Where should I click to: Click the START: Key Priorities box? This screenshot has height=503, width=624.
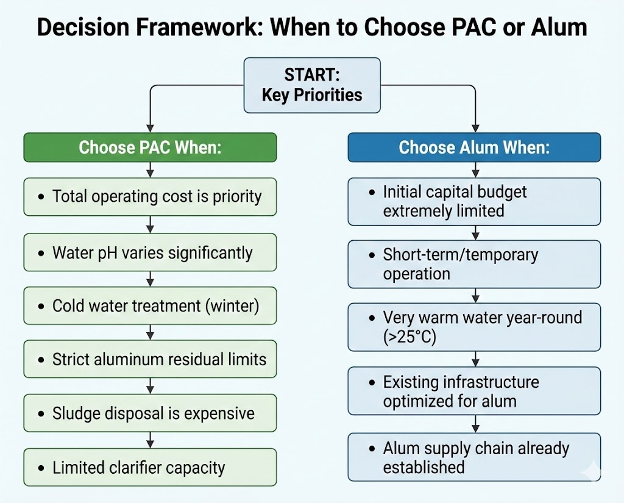click(x=311, y=85)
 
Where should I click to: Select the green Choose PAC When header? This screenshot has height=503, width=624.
click(x=150, y=148)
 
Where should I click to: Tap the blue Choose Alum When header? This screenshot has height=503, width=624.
click(x=474, y=148)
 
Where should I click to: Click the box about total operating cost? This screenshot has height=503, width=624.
click(x=150, y=197)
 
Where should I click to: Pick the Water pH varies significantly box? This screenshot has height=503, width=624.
click(x=150, y=253)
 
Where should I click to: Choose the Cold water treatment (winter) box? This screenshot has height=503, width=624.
click(x=150, y=306)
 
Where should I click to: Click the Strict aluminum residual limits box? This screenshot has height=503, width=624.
click(x=150, y=360)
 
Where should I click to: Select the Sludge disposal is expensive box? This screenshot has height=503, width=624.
click(x=150, y=413)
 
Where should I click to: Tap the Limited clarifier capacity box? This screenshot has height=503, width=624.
click(x=150, y=468)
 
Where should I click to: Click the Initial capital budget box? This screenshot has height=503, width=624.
click(x=474, y=201)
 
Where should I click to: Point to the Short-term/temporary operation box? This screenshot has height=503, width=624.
click(x=474, y=264)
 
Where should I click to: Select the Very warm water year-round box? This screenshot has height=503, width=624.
click(x=474, y=327)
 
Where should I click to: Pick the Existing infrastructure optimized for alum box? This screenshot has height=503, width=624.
click(x=474, y=391)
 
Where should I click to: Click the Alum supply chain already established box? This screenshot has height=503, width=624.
click(x=474, y=458)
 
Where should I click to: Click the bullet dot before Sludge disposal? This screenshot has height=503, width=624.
click(x=41, y=414)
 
